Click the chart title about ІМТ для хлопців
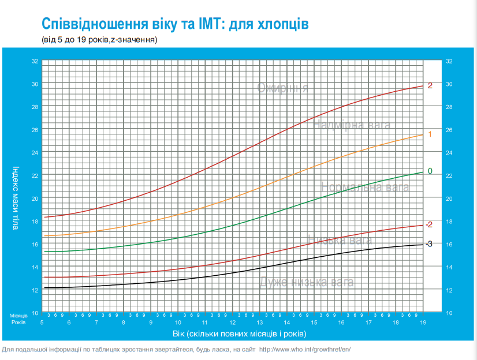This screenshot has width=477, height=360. [175, 24]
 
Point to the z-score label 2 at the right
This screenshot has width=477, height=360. [430, 85]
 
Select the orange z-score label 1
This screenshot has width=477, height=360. [430, 134]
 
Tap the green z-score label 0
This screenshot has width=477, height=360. [430, 171]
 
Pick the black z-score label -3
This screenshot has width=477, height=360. [428, 244]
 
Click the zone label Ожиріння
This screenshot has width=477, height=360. [282, 88]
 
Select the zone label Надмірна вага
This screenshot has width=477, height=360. [352, 125]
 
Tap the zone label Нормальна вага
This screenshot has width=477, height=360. [365, 187]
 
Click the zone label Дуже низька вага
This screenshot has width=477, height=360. [306, 282]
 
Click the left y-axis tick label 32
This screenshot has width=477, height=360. [35, 61]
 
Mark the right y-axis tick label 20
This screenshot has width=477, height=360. [449, 198]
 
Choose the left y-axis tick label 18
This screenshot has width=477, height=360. [35, 222]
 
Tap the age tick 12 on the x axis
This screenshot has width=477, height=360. [233, 322]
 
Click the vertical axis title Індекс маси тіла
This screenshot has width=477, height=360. [16, 198]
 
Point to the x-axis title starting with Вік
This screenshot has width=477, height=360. [238, 334]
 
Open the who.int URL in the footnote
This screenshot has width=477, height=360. [305, 350]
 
